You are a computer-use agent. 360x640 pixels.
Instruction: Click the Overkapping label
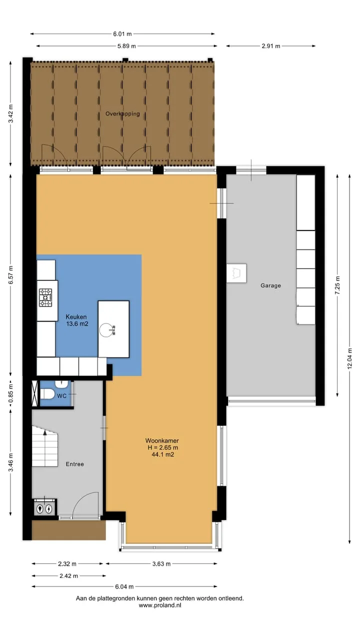(x=122, y=113)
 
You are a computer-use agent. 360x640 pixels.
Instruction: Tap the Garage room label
(x=270, y=285)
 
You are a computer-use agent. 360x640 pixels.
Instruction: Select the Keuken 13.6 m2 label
(x=77, y=320)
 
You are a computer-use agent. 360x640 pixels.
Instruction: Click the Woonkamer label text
(x=162, y=440)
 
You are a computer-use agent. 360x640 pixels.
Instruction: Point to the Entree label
(x=75, y=464)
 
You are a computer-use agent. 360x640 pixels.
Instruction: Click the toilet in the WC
(x=47, y=394)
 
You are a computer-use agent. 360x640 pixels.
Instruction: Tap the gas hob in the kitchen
(x=45, y=297)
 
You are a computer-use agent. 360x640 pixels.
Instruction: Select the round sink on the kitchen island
(x=106, y=330)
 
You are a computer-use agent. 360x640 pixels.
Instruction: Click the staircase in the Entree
(x=44, y=446)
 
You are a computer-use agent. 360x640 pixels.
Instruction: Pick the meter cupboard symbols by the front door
(x=44, y=508)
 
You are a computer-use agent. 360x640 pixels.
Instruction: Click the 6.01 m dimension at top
(x=122, y=34)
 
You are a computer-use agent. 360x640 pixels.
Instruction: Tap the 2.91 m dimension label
(x=271, y=46)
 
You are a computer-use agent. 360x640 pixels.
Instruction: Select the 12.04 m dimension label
(x=349, y=359)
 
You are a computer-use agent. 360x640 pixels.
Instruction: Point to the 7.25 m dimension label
(x=337, y=285)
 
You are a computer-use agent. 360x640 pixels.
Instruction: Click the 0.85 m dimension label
(x=11, y=393)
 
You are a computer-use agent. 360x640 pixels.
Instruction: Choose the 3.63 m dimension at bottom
(x=161, y=563)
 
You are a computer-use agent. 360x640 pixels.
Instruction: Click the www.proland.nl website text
(x=160, y=605)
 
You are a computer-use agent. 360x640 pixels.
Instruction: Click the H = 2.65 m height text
(x=163, y=447)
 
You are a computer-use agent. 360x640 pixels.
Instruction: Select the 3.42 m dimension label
(x=11, y=113)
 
